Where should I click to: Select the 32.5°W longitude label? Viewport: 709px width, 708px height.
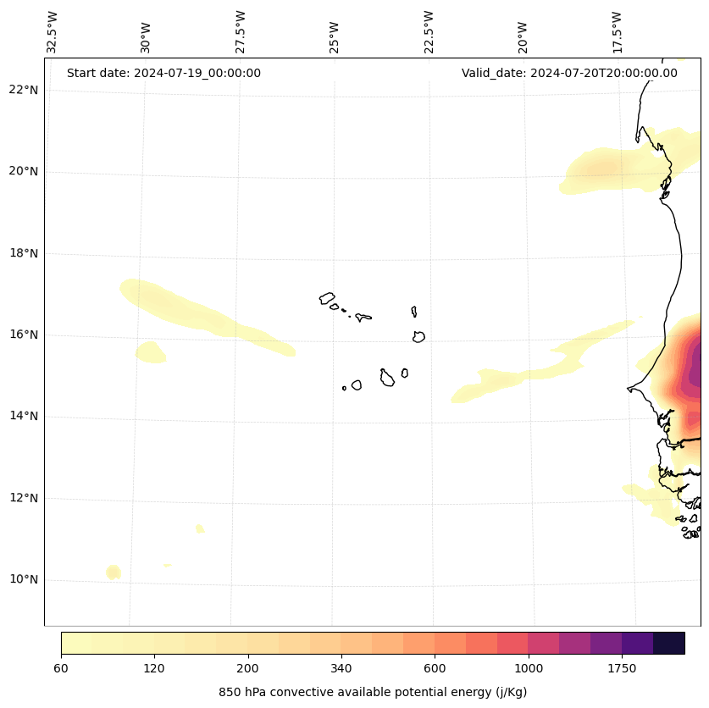tap(53, 32)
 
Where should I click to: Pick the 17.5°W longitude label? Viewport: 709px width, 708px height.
tap(617, 32)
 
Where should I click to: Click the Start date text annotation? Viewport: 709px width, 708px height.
tap(163, 73)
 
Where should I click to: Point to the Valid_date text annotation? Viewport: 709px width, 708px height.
tap(569, 73)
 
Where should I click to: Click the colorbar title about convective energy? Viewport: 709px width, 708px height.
tap(373, 692)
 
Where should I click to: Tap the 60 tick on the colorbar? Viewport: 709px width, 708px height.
tap(61, 669)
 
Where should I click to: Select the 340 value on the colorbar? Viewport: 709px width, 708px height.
tap(341, 669)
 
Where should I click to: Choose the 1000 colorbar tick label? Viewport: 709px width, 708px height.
tap(528, 669)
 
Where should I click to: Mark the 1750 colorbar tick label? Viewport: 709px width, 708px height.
tap(622, 669)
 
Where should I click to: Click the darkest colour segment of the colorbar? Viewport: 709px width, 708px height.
tap(669, 643)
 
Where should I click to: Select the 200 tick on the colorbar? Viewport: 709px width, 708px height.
tap(247, 669)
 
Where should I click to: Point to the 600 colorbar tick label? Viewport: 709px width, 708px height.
tap(435, 669)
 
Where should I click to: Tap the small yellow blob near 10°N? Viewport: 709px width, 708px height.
tap(114, 572)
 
